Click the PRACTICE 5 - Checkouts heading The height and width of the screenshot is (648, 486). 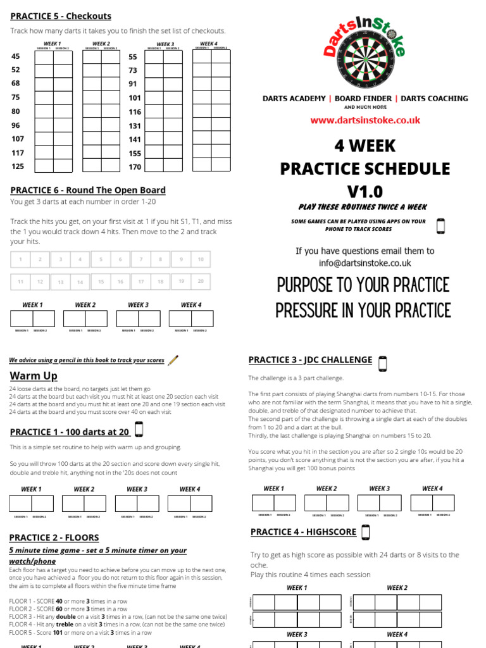click(x=61, y=16)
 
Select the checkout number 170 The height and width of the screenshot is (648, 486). click(x=135, y=167)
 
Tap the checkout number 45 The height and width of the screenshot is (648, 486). click(x=16, y=56)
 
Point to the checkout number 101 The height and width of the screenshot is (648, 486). click(x=135, y=98)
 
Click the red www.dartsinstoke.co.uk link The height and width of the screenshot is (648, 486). click(x=365, y=120)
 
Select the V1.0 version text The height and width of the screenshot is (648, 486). click(x=365, y=191)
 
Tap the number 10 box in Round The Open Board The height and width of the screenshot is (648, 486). click(x=201, y=259)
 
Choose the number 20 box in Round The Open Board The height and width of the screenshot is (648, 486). click(x=201, y=282)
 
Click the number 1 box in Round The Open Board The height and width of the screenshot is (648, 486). click(x=20, y=259)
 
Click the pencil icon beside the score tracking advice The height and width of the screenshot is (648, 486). click(x=173, y=360)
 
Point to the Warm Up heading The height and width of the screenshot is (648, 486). click(x=34, y=376)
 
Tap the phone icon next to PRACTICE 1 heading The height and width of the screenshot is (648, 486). click(x=139, y=430)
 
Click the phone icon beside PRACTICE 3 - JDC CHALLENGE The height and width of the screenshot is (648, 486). click(x=382, y=363)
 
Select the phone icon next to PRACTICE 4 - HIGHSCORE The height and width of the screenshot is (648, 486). click(x=365, y=532)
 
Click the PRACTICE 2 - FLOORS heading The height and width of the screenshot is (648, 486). click(x=54, y=537)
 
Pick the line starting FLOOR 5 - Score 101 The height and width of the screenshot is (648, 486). click(x=80, y=632)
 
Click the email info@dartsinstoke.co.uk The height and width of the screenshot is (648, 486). click(x=365, y=263)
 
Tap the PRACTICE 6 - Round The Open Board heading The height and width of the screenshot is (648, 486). click(x=88, y=190)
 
